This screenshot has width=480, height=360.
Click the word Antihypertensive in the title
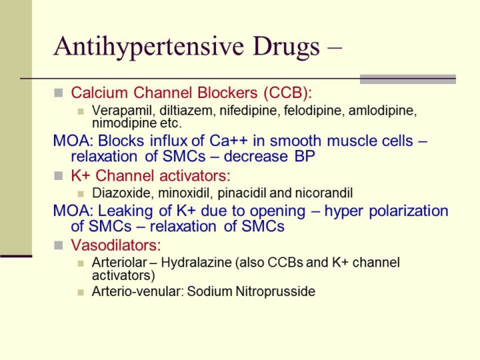click(x=149, y=47)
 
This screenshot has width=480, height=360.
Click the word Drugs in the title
click(x=286, y=47)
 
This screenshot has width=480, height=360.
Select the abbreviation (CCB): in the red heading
click(x=288, y=93)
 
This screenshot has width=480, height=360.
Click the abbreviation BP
click(x=305, y=156)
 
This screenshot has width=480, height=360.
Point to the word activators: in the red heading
click(x=195, y=176)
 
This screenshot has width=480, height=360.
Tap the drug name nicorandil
click(x=323, y=193)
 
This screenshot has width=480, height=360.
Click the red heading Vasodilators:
click(x=116, y=245)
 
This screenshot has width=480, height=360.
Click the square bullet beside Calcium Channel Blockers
click(x=59, y=93)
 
